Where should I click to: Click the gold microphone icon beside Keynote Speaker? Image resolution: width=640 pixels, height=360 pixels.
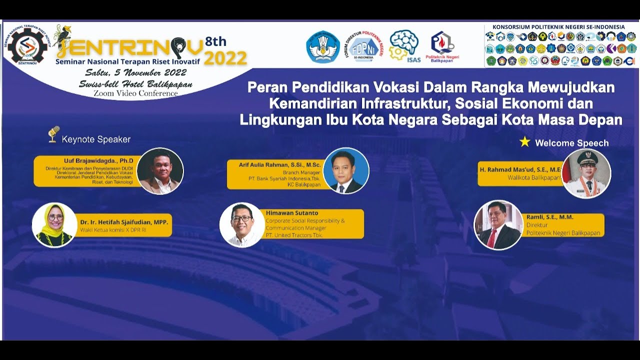pyautogui.click(x=53, y=134)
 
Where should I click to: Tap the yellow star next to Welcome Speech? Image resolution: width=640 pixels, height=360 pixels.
pyautogui.click(x=524, y=142)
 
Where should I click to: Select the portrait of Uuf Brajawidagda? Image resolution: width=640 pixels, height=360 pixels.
pyautogui.click(x=160, y=171)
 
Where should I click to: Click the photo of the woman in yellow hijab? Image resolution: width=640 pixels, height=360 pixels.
pyautogui.click(x=54, y=224)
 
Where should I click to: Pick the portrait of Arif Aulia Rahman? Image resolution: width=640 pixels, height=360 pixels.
pyautogui.click(x=346, y=171)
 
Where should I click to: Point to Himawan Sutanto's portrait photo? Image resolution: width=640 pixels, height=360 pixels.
pyautogui.click(x=242, y=225)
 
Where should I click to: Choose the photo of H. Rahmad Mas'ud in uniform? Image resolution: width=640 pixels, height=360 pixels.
pyautogui.click(x=586, y=173)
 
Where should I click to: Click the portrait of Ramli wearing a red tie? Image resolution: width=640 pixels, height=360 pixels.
pyautogui.click(x=498, y=225)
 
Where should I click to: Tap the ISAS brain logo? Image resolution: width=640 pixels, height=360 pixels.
pyautogui.click(x=404, y=45)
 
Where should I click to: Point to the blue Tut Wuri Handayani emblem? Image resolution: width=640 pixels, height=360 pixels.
pyautogui.click(x=323, y=46)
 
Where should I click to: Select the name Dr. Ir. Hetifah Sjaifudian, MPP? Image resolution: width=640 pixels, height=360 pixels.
pyautogui.click(x=124, y=221)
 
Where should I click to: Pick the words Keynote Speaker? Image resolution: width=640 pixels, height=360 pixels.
pyautogui.click(x=96, y=139)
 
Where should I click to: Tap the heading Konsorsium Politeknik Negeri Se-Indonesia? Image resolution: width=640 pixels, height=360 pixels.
pyautogui.click(x=558, y=27)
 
